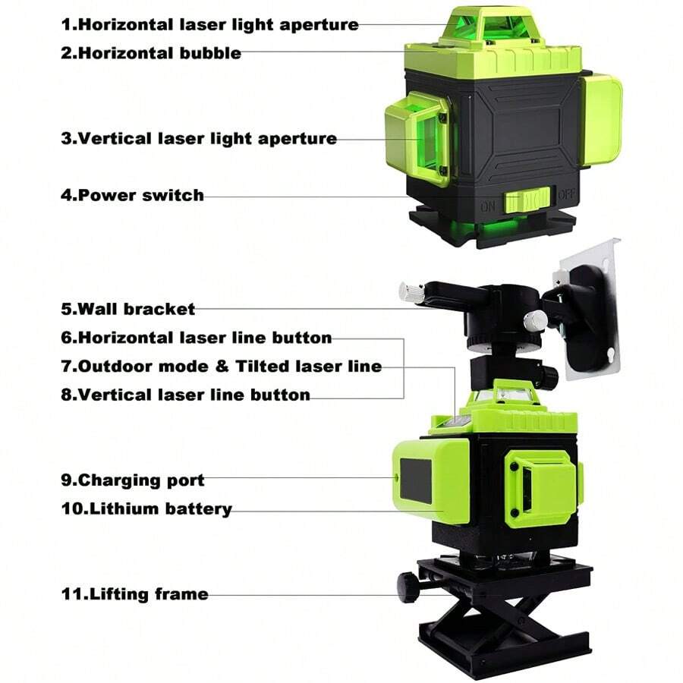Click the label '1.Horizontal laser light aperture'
coord(209,24)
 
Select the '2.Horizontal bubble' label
coord(151,53)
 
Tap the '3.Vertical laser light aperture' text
coord(198,139)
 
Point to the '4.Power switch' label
coord(132,195)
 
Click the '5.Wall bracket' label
coord(127,309)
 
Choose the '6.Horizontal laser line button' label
coord(196,338)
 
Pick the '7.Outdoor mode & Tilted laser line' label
coord(221,367)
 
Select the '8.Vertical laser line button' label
coord(185,395)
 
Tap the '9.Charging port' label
coord(132,480)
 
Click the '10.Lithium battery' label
coord(146,508)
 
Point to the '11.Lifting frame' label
coord(134,593)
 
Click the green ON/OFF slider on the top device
coord(527,201)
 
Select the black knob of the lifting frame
coord(408,587)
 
